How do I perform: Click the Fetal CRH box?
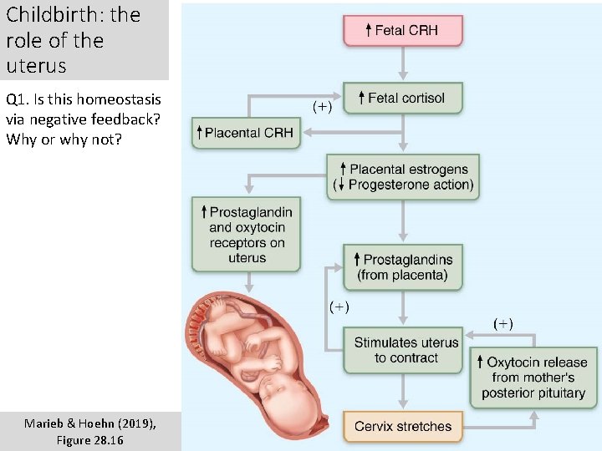click(x=402, y=31)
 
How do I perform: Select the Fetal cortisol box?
click(x=402, y=99)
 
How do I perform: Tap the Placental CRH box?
click(x=246, y=133)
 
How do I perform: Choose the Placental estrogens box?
click(x=402, y=177)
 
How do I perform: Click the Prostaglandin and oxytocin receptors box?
click(x=246, y=235)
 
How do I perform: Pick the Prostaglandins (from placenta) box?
click(x=402, y=267)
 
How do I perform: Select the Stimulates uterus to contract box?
click(x=402, y=350)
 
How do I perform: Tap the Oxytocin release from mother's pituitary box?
click(x=533, y=378)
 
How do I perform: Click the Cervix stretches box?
click(x=402, y=426)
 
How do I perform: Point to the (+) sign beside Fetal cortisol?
click(x=322, y=106)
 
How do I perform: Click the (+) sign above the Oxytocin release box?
click(x=503, y=323)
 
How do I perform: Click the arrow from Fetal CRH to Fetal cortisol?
click(x=402, y=64)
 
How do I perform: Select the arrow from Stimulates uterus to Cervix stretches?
click(x=402, y=392)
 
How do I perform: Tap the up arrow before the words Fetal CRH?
click(x=368, y=31)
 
